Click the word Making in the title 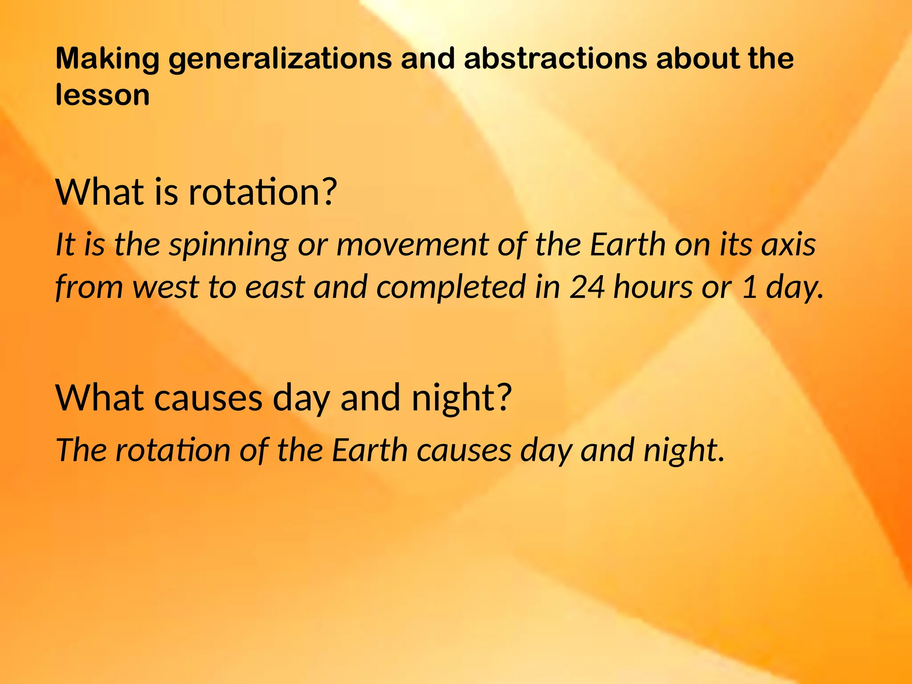pos(107,59)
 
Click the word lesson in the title pos(102,95)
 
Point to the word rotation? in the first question pos(263,192)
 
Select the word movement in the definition pos(412,245)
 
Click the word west pos(165,287)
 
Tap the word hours pos(653,287)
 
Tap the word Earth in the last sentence pos(370,450)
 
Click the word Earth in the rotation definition pos(628,245)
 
